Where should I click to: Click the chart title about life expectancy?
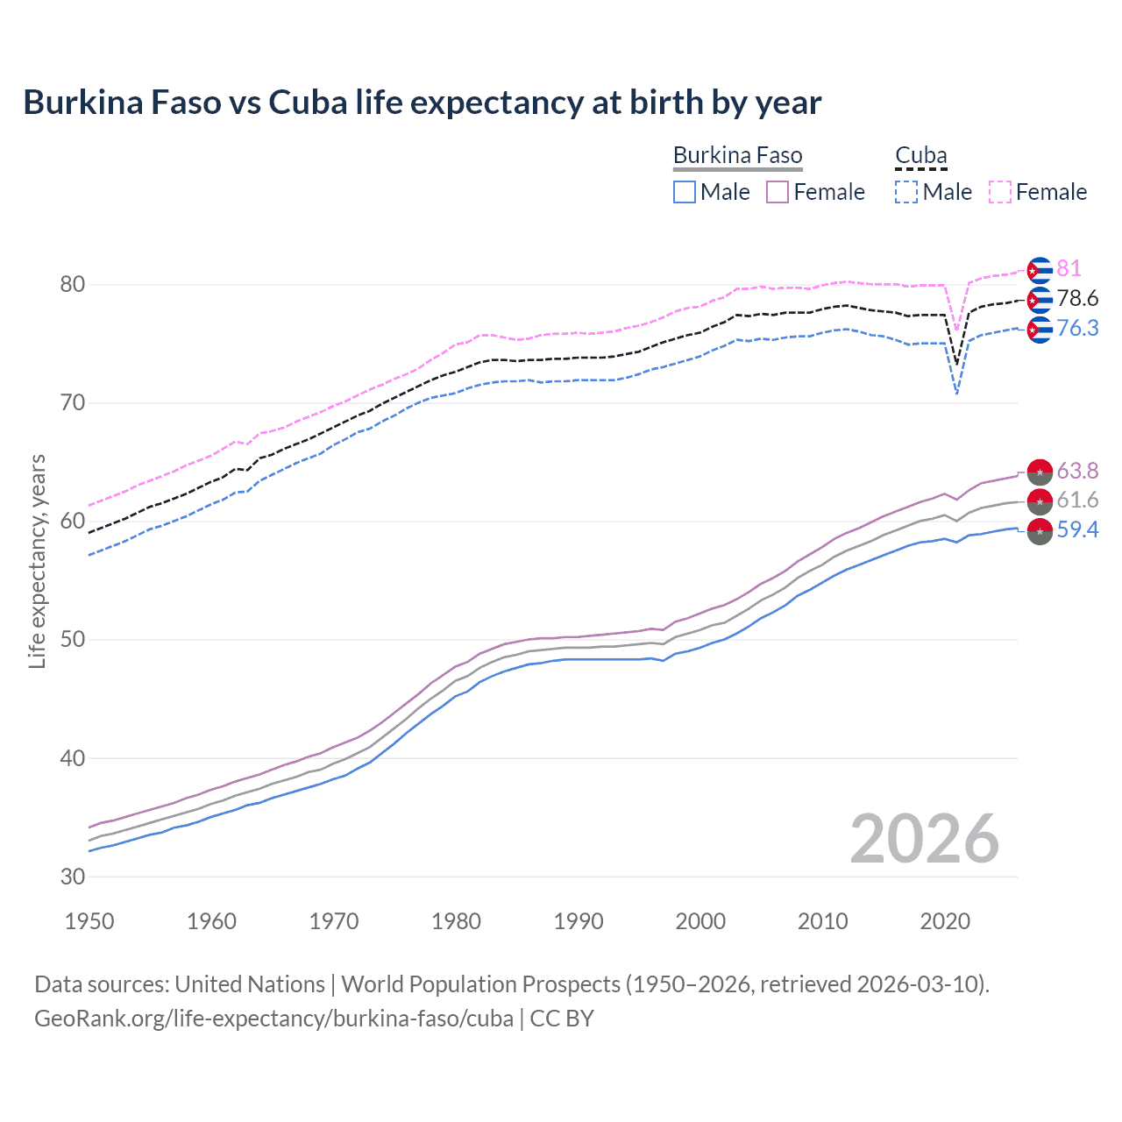click(422, 103)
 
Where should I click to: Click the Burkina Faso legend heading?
click(737, 155)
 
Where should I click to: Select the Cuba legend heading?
click(920, 155)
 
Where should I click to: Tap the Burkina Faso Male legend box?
click(685, 192)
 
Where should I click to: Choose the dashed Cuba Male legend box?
click(906, 192)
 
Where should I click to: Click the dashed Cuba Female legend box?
click(1000, 192)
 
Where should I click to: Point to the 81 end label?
click(1069, 268)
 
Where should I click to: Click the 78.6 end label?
click(1077, 298)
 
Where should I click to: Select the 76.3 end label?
click(1077, 328)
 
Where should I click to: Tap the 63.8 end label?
click(1077, 471)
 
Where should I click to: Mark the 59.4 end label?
click(1077, 529)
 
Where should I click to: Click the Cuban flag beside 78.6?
click(1040, 300)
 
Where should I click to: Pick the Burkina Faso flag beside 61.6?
click(1040, 501)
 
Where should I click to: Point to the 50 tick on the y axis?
click(73, 640)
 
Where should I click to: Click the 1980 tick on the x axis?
click(456, 921)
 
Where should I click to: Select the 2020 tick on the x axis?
click(945, 921)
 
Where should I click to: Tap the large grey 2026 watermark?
click(924, 839)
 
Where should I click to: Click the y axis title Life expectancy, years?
click(37, 561)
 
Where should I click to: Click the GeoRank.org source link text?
click(273, 1019)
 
